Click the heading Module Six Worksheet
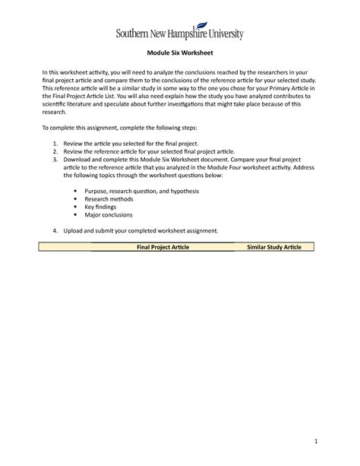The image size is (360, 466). [179, 53]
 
